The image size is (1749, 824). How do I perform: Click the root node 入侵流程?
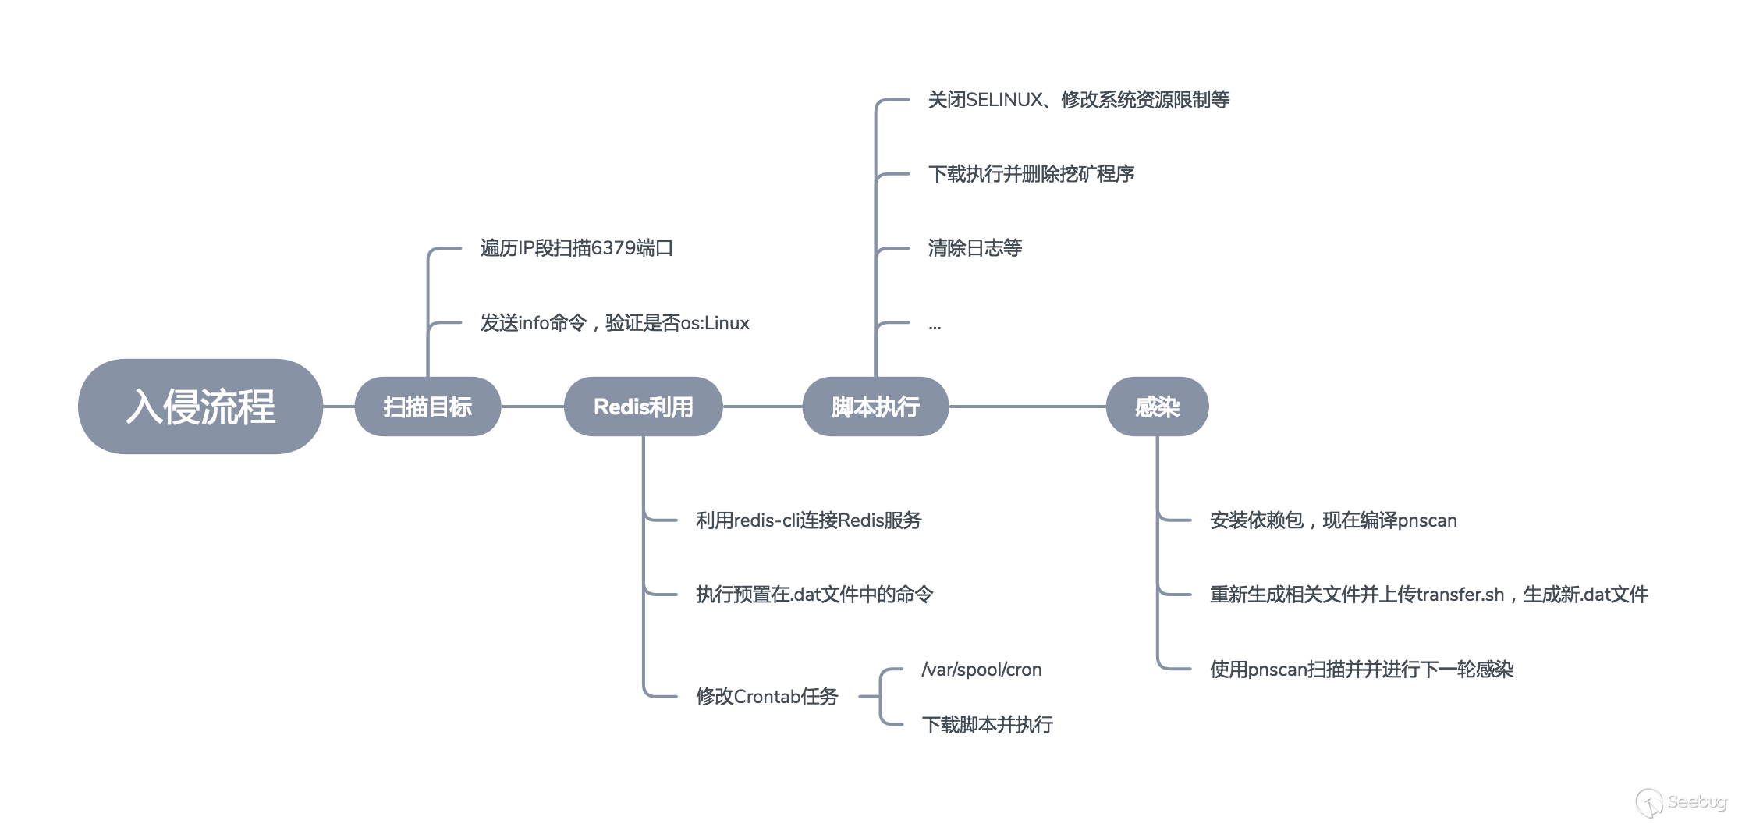tap(200, 407)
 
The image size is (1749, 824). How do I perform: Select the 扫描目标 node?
tap(427, 407)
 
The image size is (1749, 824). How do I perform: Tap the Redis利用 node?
tap(643, 407)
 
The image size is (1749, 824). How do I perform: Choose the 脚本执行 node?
tap(875, 407)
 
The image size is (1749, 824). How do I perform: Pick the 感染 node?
tap(1157, 407)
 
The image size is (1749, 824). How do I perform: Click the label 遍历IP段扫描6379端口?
tap(576, 248)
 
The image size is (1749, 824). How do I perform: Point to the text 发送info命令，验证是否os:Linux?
tap(615, 323)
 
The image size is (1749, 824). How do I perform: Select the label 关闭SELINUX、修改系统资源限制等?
tap(1078, 100)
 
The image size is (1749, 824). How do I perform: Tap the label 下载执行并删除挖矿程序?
tap(1031, 174)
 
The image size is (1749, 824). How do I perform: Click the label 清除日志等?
tap(974, 248)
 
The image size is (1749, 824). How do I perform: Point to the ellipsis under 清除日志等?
tap(935, 326)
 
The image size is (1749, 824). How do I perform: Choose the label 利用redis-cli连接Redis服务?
tap(808, 520)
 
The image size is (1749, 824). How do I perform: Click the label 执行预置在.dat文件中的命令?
tap(814, 595)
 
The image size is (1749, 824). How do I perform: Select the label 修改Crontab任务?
tap(766, 696)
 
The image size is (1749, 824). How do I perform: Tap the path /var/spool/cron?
tap(981, 669)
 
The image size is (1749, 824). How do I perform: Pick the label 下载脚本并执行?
tap(987, 725)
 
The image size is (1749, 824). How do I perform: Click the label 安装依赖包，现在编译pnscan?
tap(1333, 520)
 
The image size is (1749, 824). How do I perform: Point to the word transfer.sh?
tap(1460, 595)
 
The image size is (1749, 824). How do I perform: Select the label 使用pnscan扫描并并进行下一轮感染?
tap(1361, 669)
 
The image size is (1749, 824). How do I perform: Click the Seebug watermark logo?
tap(1681, 802)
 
